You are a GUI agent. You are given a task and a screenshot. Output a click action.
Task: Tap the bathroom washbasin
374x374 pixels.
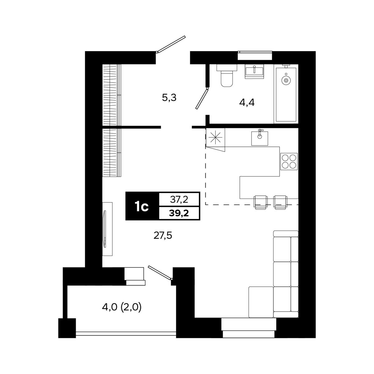pyautogui.click(x=254, y=72)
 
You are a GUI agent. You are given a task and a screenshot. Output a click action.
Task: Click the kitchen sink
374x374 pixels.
pyautogui.click(x=260, y=138)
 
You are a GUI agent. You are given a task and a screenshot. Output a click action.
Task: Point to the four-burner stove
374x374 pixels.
pyautogui.click(x=289, y=161)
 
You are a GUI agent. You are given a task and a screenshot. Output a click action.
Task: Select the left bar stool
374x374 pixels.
pyautogui.click(x=261, y=202)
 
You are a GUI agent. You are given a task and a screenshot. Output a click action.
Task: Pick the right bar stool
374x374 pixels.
pyautogui.click(x=280, y=202)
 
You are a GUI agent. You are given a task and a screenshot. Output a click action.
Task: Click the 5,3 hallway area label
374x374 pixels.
pyautogui.click(x=169, y=98)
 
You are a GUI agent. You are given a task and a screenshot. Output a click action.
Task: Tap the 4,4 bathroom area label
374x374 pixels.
pyautogui.click(x=247, y=103)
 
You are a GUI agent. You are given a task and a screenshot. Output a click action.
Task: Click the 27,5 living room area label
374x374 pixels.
pyautogui.click(x=163, y=236)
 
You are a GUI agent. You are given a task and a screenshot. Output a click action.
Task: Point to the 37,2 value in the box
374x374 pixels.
pyautogui.click(x=179, y=199)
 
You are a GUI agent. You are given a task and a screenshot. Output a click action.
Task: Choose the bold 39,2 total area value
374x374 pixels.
pyautogui.click(x=179, y=213)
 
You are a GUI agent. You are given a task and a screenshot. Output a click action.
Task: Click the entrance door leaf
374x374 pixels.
pyautogui.click(x=171, y=44)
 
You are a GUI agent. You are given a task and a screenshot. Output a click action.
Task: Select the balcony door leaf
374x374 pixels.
pyautogui.click(x=160, y=273)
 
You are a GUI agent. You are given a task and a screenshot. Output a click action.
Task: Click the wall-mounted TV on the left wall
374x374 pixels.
pyautogui.click(x=105, y=229)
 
